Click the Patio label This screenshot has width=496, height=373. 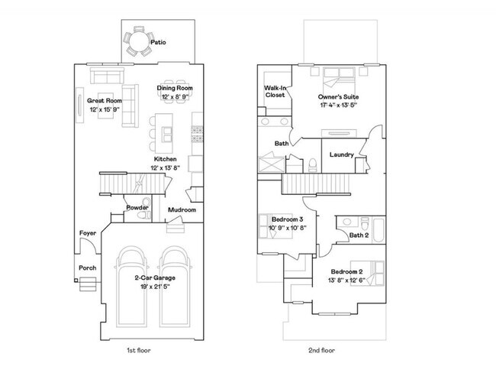[x=159, y=42]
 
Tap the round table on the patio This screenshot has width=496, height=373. [x=138, y=41]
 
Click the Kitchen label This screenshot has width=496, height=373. [x=166, y=159]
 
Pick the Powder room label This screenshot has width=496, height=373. [x=137, y=207]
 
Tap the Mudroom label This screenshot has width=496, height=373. [x=182, y=210]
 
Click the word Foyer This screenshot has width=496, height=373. [x=87, y=233]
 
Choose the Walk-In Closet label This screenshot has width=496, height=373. [x=275, y=92]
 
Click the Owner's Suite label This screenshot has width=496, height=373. [x=339, y=97]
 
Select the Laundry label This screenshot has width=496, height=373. [x=341, y=154]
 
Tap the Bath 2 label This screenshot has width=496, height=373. [x=359, y=235]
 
